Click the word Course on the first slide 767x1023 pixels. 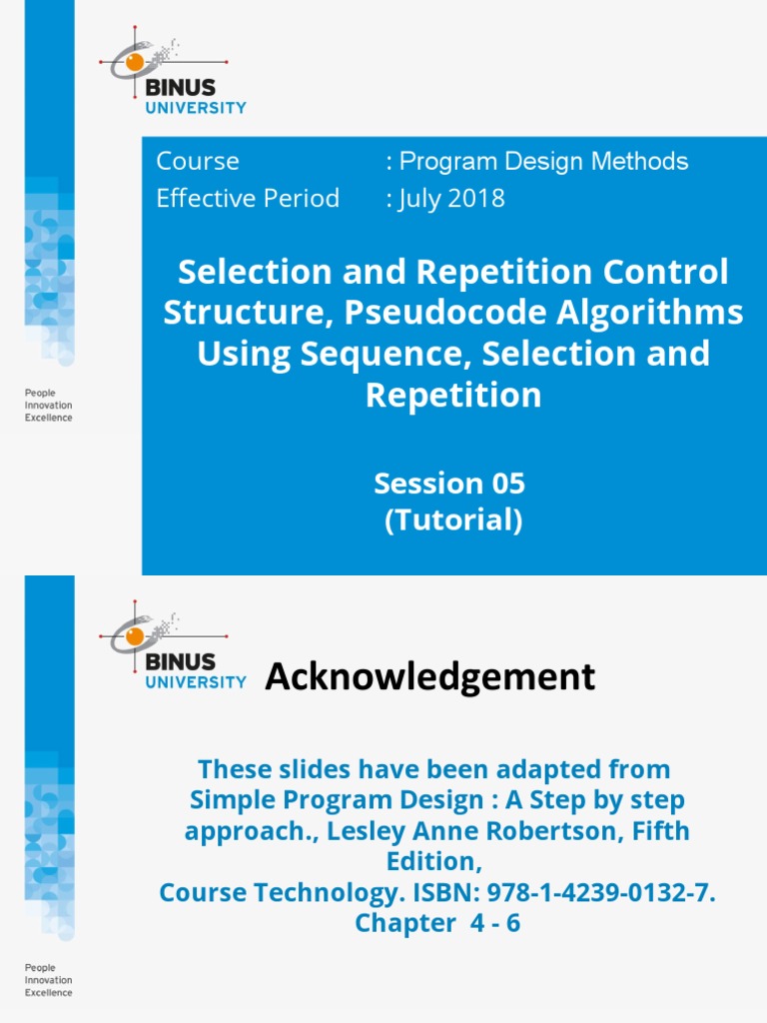pos(198,161)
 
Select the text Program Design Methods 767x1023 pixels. pos(542,161)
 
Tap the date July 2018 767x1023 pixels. pos(450,198)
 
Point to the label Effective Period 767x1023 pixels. pos(248,198)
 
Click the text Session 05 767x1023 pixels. pos(449,484)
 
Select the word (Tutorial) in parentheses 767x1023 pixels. pos(453,520)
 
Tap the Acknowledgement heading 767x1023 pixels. pos(430,676)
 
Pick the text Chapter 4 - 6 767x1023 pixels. pos(437,923)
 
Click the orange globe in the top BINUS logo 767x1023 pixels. pos(135,62)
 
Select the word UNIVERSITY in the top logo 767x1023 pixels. pos(196,108)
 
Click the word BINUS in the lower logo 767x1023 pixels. pos(180,661)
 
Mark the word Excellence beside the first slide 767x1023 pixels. pos(49,418)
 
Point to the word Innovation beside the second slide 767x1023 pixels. pos(49,980)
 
